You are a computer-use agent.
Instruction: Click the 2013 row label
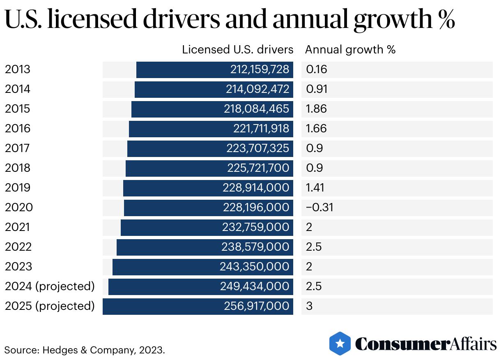point(18,69)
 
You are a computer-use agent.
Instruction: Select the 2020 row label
point(19,208)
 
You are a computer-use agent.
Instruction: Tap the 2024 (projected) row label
point(50,286)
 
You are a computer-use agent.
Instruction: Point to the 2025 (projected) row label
point(50,306)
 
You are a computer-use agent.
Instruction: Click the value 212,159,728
point(260,69)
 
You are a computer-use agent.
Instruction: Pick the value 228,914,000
point(256,188)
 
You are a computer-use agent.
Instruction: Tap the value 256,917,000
point(257,306)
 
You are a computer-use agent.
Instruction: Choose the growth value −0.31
point(319,208)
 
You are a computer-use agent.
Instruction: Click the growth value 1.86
point(316,109)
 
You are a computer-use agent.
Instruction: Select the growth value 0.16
point(316,69)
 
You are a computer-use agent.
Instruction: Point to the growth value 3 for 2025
point(309,306)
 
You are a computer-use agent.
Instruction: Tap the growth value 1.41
point(315,188)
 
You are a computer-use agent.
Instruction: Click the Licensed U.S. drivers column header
point(238,50)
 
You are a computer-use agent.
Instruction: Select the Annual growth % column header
point(350,50)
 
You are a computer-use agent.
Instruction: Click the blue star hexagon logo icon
point(340,343)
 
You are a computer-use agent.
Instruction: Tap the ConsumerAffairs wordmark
point(425,344)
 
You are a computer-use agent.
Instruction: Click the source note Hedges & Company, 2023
point(85,351)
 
